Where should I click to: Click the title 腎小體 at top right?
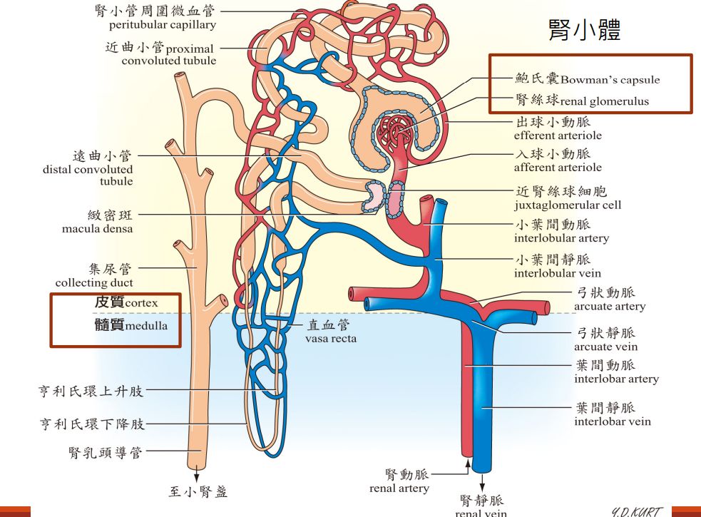(x=584, y=30)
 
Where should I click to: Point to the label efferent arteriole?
(x=557, y=135)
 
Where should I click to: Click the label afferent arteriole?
(x=557, y=168)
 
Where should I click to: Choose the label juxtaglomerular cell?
(x=567, y=205)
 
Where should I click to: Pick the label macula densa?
(x=97, y=228)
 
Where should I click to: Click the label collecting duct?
(x=94, y=282)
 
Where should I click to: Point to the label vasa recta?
(x=330, y=338)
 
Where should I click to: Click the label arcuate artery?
(x=609, y=307)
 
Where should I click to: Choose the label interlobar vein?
(x=612, y=421)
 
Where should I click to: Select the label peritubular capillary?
(x=162, y=25)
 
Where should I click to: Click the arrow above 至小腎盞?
(x=195, y=472)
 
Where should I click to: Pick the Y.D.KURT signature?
(x=637, y=511)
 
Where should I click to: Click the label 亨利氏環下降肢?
(x=92, y=424)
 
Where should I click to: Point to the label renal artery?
(x=399, y=488)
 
